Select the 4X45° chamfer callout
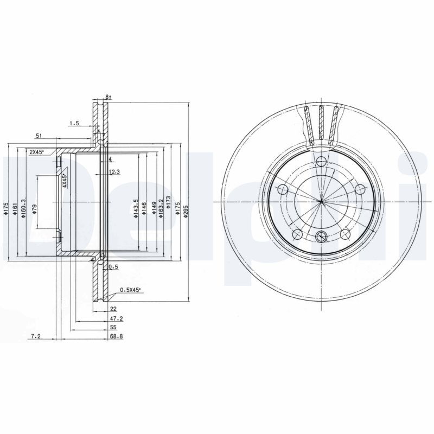click(x=64, y=181)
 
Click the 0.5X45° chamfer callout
click(x=130, y=290)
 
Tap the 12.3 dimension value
click(x=114, y=172)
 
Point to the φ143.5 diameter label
click(x=136, y=208)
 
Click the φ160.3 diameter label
click(x=22, y=208)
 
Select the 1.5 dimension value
click(x=74, y=124)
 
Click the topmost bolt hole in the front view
click(x=321, y=161)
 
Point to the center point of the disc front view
click(x=321, y=201)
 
